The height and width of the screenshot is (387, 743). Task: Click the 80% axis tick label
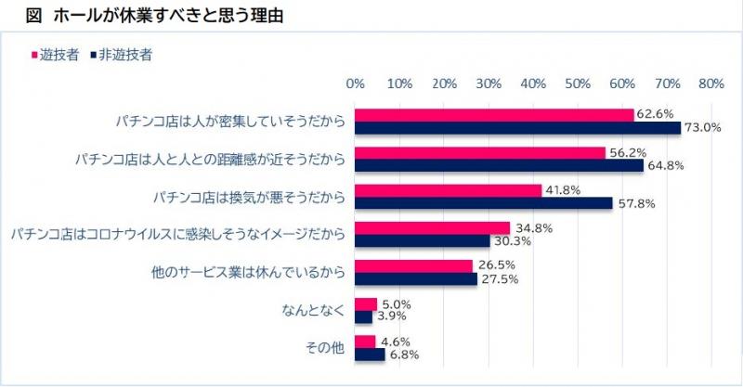pos(710,84)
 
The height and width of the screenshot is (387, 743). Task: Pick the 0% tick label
pos(356,84)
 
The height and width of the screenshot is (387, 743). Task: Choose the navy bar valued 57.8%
pos(484,203)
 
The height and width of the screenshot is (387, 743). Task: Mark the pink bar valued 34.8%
pos(433,228)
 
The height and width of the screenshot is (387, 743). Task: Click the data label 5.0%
pos(397,303)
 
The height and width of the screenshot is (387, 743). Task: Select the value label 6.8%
pos(404,355)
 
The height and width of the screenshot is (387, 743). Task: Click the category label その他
pos(324,348)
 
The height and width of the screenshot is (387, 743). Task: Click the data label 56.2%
pos(627,152)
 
